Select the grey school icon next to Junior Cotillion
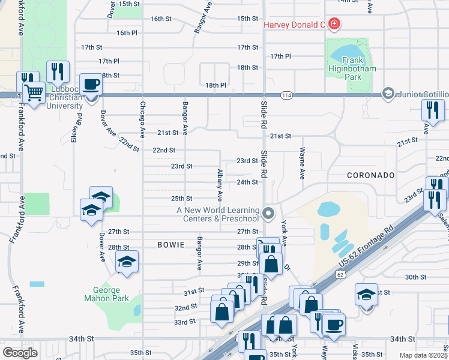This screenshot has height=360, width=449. click(388, 94)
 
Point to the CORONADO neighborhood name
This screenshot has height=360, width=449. click(370, 175)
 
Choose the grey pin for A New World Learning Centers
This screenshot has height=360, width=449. click(268, 213)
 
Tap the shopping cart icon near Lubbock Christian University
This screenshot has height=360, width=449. click(35, 92)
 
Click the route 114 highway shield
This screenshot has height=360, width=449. click(286, 95)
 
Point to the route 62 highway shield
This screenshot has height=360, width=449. click(340, 274)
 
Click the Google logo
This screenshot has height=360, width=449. click(20, 352)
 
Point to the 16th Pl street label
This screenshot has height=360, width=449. click(127, 32)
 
